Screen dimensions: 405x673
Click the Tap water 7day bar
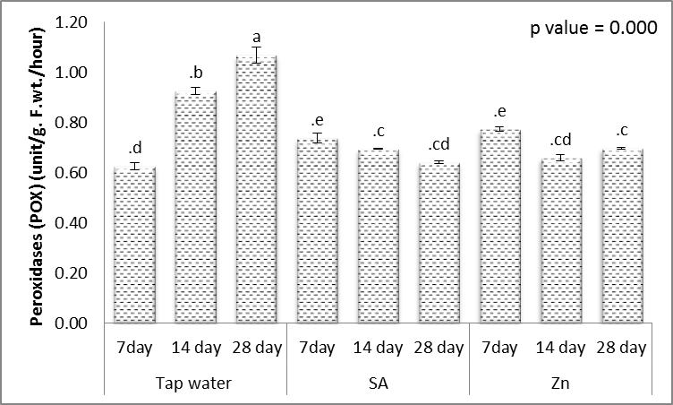click(134, 245)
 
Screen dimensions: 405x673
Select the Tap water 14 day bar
click(195, 207)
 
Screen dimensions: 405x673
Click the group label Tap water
click(195, 383)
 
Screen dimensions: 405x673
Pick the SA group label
click(378, 383)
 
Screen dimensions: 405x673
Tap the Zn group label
click(560, 383)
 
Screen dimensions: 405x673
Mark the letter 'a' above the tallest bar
click(256, 38)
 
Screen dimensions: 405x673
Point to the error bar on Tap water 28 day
click(256, 56)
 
